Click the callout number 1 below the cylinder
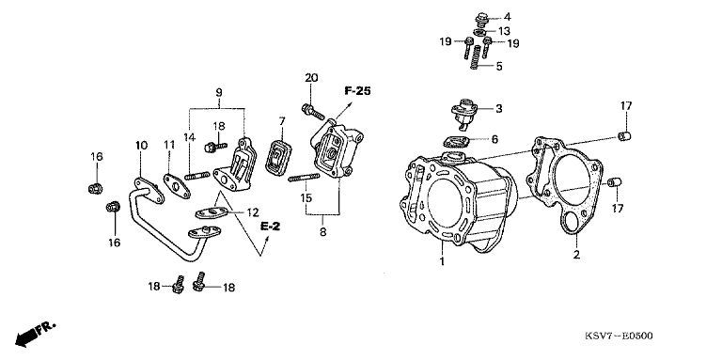point(442,262)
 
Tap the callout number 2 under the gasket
point(576,255)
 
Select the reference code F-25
point(357,91)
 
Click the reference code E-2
point(271,226)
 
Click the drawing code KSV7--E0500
point(619,336)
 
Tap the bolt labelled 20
point(313,112)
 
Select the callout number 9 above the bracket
point(219,92)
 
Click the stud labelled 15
point(304,178)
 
